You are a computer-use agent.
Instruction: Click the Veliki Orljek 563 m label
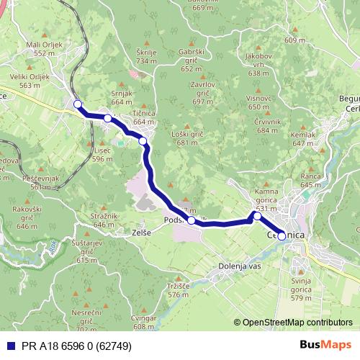pyautogui.click(x=29, y=80)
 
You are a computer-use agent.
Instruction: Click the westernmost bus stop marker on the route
pyautogui.click(x=78, y=105)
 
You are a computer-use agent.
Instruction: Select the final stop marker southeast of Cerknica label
pyautogui.click(x=281, y=235)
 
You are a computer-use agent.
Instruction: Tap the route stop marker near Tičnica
pyautogui.click(x=143, y=141)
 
